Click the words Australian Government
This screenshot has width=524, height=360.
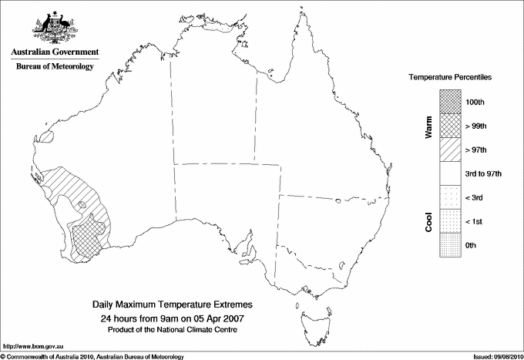click(54, 52)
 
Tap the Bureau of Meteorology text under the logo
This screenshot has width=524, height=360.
click(54, 67)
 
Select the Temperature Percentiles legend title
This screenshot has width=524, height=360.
click(451, 79)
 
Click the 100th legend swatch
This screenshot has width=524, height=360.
click(450, 102)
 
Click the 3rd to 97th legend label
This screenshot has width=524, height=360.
click(485, 174)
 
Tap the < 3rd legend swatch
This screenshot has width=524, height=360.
click(450, 198)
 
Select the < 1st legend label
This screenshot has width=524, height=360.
click(475, 222)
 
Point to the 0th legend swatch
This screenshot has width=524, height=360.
click(450, 245)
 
